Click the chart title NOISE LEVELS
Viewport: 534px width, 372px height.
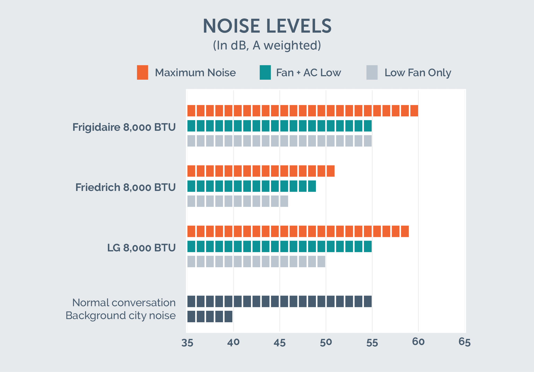coord(267,26)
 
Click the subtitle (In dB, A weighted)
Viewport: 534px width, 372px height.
coord(267,45)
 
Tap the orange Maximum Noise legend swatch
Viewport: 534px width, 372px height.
coord(142,72)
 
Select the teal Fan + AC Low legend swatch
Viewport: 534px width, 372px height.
coord(265,72)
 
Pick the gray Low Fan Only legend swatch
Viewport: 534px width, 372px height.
coord(372,72)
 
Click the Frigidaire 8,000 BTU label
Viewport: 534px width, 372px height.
coord(124,127)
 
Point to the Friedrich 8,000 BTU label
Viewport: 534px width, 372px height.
coord(125,187)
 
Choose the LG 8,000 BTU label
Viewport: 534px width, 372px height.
coord(142,248)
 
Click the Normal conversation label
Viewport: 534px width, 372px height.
coord(124,303)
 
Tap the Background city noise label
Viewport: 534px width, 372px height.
coord(121,316)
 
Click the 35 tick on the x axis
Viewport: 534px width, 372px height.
coord(187,343)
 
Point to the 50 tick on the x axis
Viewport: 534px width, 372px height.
coord(326,342)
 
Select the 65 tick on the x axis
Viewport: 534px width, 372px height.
coord(465,342)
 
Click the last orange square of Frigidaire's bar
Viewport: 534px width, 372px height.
coord(414,111)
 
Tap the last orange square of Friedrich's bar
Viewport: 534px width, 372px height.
coord(331,171)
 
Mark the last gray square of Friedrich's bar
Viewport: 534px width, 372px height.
coord(284,201)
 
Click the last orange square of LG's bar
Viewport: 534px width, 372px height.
coord(405,231)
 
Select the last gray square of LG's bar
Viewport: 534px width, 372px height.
coord(321,262)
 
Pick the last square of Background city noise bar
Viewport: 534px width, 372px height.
coord(229,317)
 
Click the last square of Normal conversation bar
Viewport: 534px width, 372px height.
coord(368,301)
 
